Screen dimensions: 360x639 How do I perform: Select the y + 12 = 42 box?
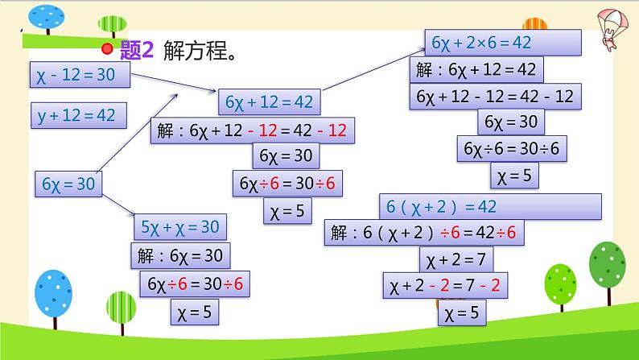[x=77, y=115]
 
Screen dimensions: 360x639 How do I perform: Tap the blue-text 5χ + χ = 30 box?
[x=181, y=228]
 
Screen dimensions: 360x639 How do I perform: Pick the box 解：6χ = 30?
[x=180, y=257]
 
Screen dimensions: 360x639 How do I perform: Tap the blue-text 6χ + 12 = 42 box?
[x=270, y=102]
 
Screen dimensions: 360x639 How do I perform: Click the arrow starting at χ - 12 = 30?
[x=174, y=84]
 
